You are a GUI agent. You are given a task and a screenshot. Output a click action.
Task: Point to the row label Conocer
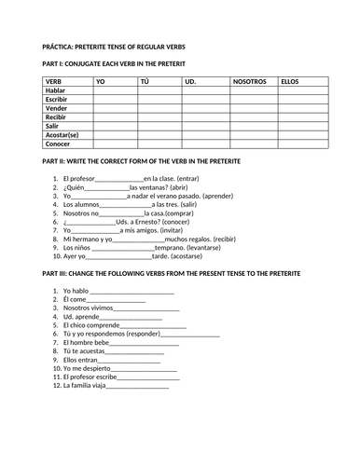59,144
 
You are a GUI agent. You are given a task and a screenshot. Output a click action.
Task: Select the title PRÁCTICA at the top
64,46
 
